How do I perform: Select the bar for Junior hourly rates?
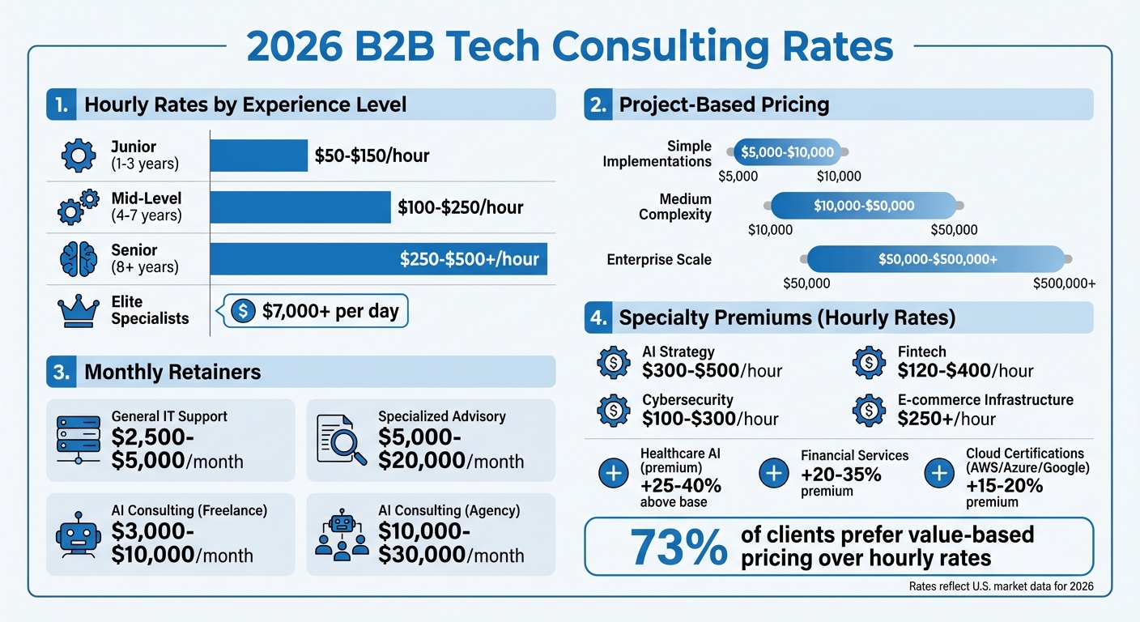259,155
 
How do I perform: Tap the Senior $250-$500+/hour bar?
378,259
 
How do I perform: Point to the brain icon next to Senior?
79,259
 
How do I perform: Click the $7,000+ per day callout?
316,312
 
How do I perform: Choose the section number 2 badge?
598,104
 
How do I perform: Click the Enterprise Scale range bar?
936,259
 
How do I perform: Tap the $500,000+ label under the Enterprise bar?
1064,283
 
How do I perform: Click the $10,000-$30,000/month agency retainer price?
450,544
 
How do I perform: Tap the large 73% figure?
678,547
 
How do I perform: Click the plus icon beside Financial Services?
774,473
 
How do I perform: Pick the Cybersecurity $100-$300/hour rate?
709,419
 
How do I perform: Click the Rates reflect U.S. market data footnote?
1001,587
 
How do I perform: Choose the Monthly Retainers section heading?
172,372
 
